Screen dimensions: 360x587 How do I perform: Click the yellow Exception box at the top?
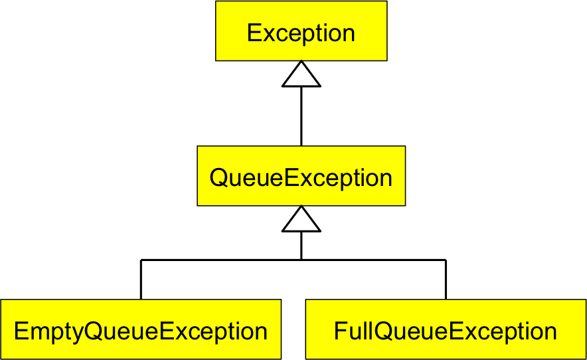301,31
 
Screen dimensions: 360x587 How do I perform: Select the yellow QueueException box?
301,176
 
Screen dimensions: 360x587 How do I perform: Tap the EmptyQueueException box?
140,329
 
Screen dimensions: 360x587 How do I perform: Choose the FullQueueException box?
446,329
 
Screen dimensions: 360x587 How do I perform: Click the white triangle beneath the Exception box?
301,76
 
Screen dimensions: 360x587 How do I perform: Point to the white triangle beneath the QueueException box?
301,221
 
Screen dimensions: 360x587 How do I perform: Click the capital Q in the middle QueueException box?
219,178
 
